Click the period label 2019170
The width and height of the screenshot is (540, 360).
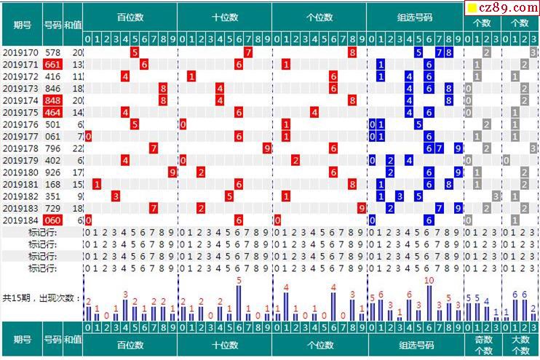[20, 52]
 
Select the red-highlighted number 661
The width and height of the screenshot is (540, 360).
[52, 65]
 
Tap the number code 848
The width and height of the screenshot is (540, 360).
[52, 100]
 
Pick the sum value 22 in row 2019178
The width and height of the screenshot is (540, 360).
[77, 148]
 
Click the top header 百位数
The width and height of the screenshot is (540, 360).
[130, 17]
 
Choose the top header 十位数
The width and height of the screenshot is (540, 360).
[225, 17]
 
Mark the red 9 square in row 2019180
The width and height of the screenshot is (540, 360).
[172, 172]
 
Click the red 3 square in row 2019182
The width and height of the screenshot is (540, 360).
[116, 196]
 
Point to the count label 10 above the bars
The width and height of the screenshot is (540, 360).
[429, 281]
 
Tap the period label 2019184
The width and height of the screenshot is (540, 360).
[20, 220]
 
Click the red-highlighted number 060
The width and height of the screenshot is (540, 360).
[52, 220]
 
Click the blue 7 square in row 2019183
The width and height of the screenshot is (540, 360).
[438, 208]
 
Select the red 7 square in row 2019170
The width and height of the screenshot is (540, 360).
[248, 52]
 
